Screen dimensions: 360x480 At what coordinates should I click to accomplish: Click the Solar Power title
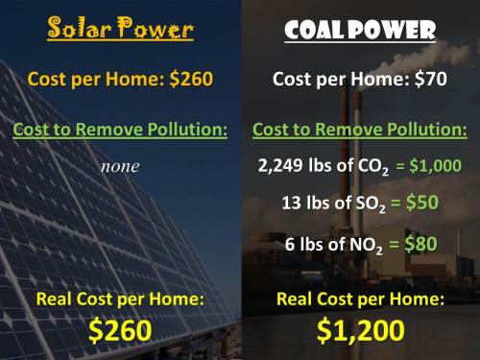120,30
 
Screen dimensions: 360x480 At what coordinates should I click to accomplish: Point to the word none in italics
120,166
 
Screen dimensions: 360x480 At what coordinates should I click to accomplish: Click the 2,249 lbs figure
292,165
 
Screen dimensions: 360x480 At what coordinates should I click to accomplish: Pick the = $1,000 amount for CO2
428,166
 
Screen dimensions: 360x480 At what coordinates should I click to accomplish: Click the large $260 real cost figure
120,330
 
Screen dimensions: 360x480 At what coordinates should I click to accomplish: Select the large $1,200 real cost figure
360,330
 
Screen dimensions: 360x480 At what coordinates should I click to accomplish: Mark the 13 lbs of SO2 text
332,204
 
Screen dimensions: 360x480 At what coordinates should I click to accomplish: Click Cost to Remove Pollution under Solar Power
120,129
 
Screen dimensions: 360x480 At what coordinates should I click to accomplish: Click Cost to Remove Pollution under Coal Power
360,129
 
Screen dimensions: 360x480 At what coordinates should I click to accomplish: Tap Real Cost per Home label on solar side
120,300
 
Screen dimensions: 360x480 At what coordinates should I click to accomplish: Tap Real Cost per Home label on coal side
360,300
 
